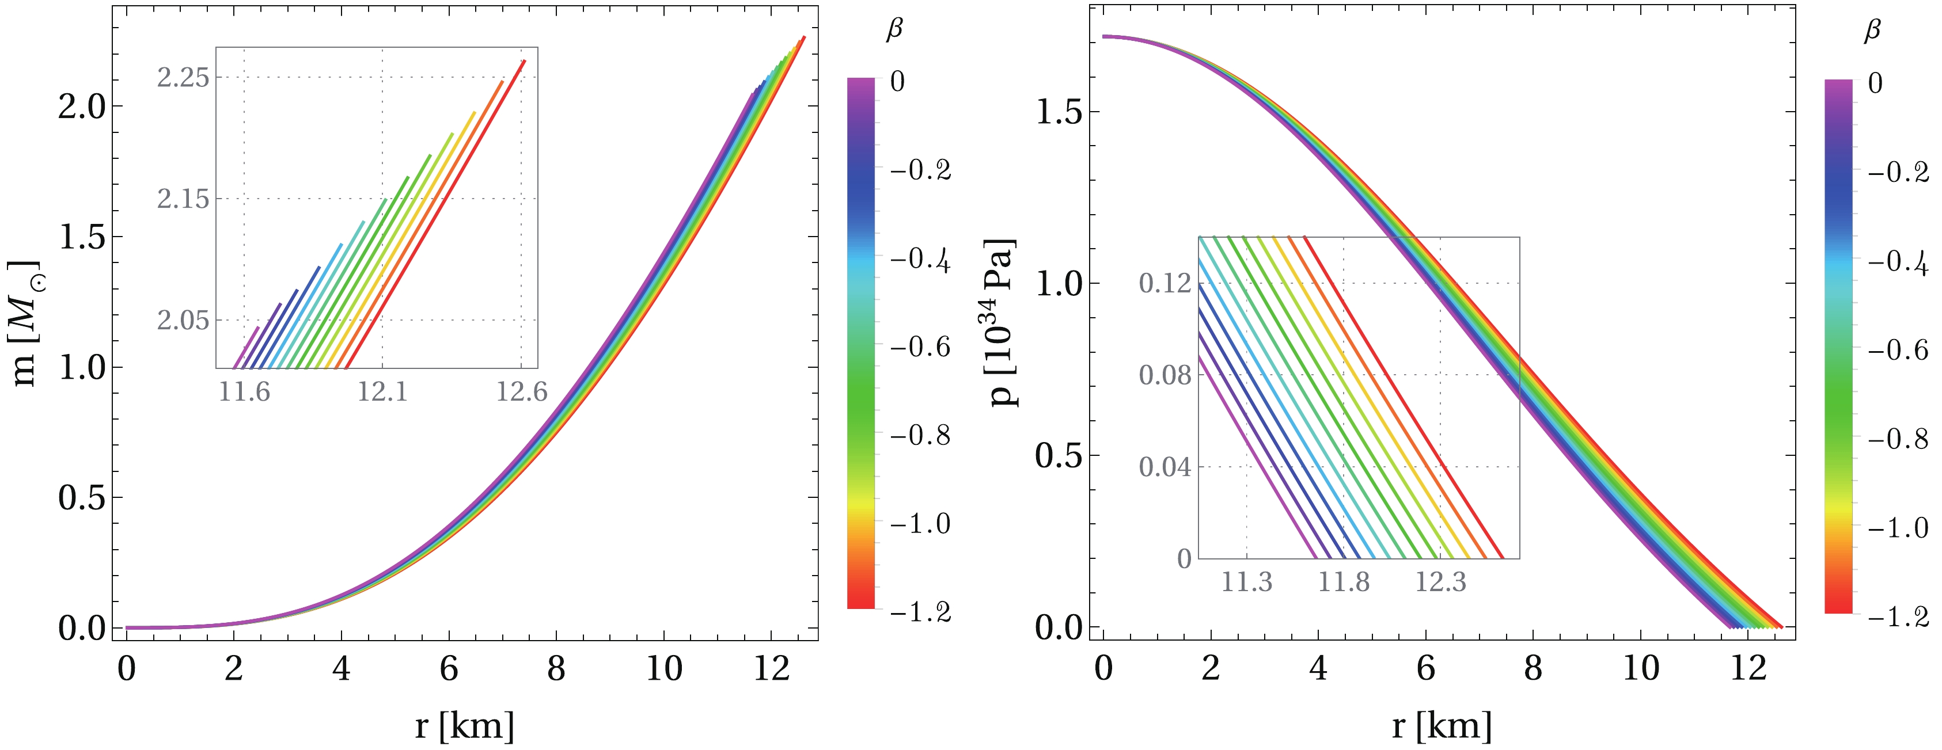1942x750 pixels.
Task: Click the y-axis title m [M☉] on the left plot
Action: point(25,324)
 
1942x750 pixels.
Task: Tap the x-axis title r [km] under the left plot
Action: point(464,725)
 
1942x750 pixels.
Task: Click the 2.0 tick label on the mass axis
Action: point(82,106)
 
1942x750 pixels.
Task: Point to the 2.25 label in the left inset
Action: point(183,77)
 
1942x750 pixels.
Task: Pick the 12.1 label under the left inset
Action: point(382,392)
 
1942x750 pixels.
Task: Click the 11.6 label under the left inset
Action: point(244,392)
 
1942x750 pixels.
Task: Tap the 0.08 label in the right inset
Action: point(1165,375)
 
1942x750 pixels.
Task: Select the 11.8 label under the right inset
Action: point(1344,582)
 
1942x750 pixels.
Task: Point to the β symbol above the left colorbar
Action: point(894,30)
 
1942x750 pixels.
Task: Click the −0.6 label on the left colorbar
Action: point(920,348)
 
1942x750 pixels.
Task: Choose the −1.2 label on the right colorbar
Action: point(1898,618)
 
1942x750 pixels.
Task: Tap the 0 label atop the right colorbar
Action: point(1875,83)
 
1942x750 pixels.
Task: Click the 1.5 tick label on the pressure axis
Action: point(1059,112)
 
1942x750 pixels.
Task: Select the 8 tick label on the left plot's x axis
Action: point(556,669)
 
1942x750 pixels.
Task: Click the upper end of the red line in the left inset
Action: point(524,61)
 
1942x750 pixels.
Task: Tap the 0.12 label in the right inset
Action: point(1165,283)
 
